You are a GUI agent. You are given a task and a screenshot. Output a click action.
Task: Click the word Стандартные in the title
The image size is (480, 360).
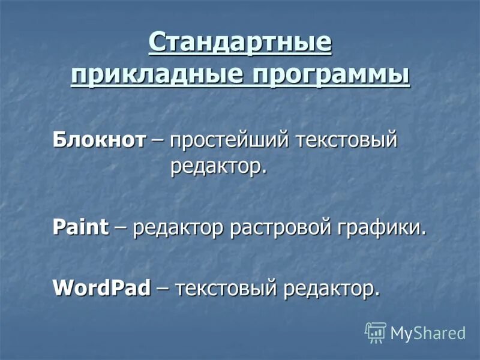click(240, 44)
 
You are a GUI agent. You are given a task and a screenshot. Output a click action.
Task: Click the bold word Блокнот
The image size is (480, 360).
click(99, 140)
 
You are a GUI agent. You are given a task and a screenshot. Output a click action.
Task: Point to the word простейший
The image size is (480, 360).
click(231, 142)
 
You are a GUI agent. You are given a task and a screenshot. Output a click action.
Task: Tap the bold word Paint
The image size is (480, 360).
click(81, 227)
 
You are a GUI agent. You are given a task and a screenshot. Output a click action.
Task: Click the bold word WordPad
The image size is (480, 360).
click(101, 287)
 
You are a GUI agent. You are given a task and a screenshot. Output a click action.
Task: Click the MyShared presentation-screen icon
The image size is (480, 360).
click(376, 332)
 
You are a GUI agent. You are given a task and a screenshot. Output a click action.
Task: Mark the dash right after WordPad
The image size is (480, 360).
click(162, 289)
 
